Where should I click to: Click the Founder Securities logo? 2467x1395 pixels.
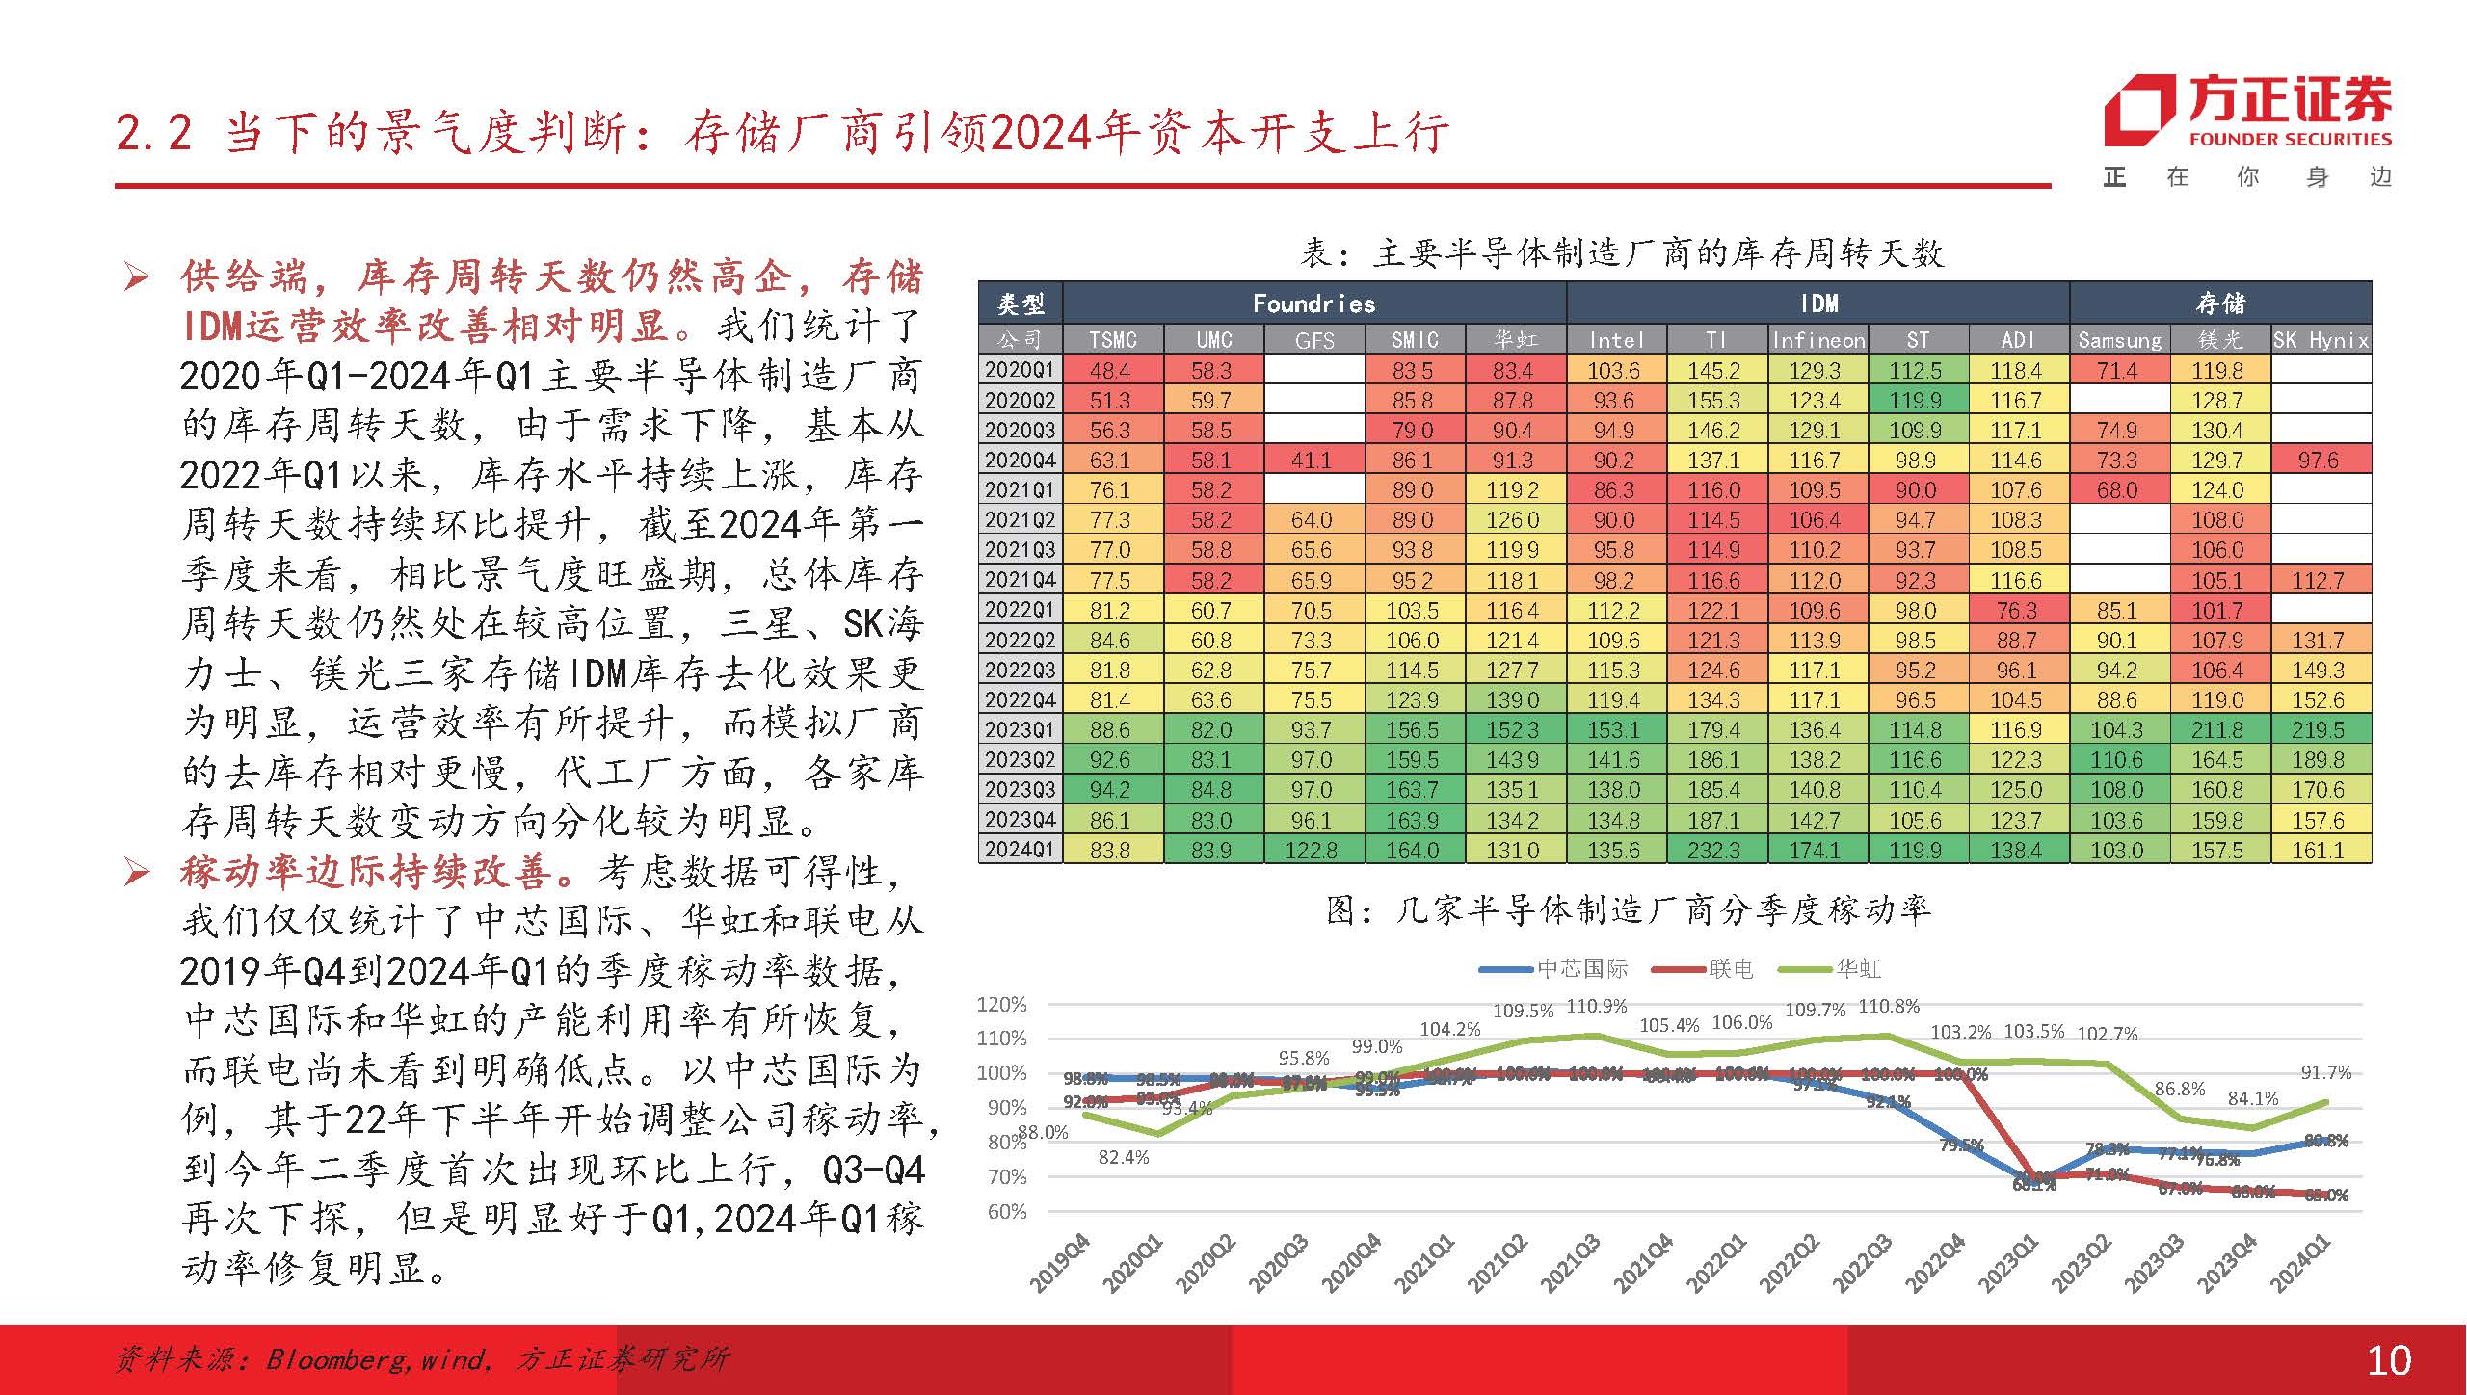click(2246, 115)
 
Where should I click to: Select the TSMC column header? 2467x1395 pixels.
click(1113, 340)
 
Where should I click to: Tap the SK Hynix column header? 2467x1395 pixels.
click(2321, 340)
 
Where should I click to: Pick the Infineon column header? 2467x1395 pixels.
click(1817, 340)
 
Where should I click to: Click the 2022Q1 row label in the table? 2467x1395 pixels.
click(1020, 611)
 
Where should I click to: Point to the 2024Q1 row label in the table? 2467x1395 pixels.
click(1020, 851)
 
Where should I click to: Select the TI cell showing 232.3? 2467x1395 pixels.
click(1714, 851)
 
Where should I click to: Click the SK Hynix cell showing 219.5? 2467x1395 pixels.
click(2319, 730)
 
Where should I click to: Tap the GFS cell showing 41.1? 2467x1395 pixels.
click(1313, 461)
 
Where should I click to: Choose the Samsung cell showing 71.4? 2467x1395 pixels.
click(2117, 371)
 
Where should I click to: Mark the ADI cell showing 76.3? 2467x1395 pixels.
click(2017, 611)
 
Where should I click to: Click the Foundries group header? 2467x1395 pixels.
click(1313, 304)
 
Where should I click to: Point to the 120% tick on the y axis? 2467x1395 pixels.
click(1001, 1005)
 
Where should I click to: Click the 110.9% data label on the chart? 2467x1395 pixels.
click(1597, 1007)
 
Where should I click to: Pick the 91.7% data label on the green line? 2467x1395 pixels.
click(2325, 1073)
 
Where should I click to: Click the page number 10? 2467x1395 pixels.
click(2390, 1360)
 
